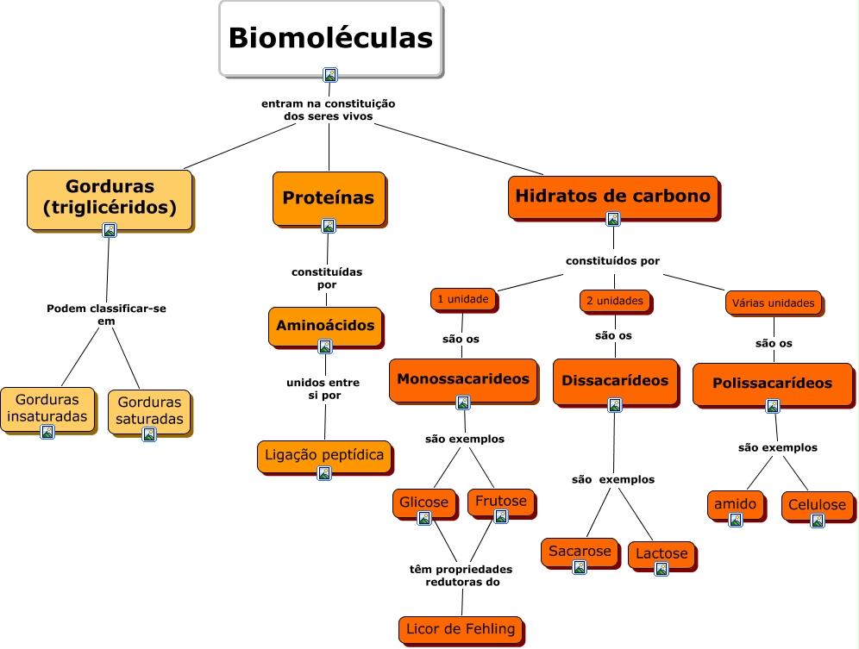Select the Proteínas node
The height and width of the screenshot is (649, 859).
point(329,198)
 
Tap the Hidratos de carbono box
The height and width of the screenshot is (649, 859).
point(612,197)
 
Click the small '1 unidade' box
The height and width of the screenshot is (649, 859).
point(463,299)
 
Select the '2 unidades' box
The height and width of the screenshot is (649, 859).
point(615,301)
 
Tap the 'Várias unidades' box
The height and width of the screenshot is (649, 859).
point(773,303)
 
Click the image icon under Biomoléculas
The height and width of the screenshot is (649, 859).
point(329,75)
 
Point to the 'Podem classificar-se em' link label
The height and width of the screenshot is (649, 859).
point(106,315)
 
